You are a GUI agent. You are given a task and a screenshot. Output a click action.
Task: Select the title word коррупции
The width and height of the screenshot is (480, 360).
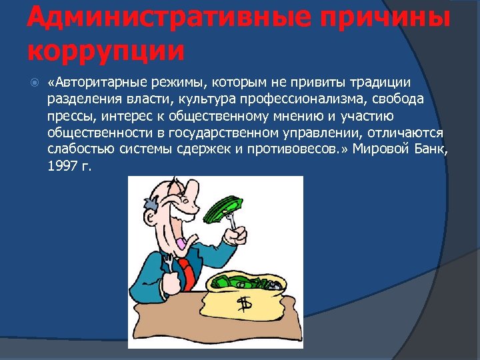click(x=105, y=50)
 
